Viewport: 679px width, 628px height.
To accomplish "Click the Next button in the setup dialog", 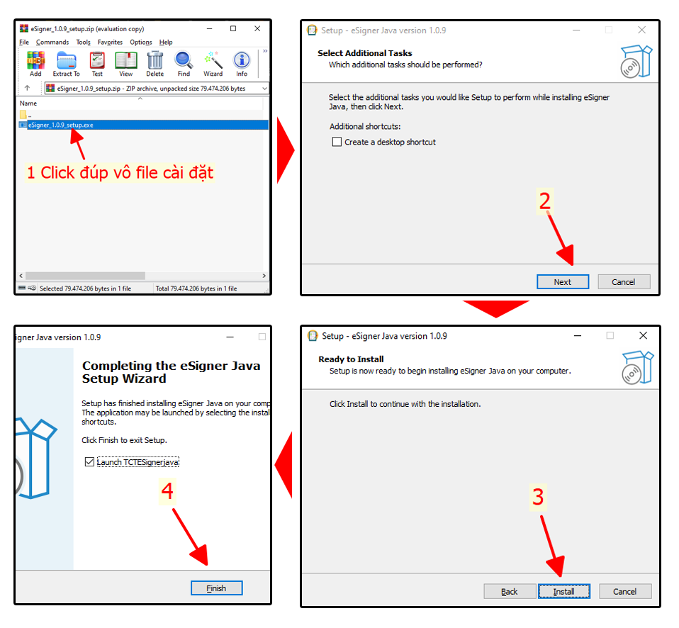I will (x=562, y=281).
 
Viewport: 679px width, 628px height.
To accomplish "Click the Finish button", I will (x=216, y=588).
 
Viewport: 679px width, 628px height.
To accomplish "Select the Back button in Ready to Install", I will (x=510, y=591).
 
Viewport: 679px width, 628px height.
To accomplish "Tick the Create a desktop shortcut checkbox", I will (x=337, y=142).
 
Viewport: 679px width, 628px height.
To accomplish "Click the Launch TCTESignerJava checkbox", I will (x=89, y=462).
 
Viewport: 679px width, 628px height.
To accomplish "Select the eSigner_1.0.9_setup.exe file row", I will (x=61, y=125).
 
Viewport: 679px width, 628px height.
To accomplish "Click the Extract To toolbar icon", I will (x=66, y=63).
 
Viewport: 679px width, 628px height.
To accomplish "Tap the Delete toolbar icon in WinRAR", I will (x=155, y=63).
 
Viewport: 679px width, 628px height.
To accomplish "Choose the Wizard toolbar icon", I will (x=213, y=63).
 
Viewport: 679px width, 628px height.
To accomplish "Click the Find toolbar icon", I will (x=184, y=63).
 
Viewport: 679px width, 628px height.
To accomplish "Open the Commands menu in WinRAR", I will (x=52, y=43).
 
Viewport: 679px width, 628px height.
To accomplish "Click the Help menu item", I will (x=166, y=43).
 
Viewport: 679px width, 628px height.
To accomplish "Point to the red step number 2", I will (x=544, y=202).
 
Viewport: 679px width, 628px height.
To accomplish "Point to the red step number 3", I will (x=538, y=498).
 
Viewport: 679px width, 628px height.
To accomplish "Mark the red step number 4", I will (x=167, y=490).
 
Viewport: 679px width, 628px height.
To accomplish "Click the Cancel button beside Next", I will (x=623, y=281).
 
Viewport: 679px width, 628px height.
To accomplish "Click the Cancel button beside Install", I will (x=624, y=591).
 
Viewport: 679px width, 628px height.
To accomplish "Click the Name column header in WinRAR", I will (x=28, y=103).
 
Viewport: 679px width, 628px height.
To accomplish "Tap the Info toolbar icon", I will (x=242, y=63).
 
